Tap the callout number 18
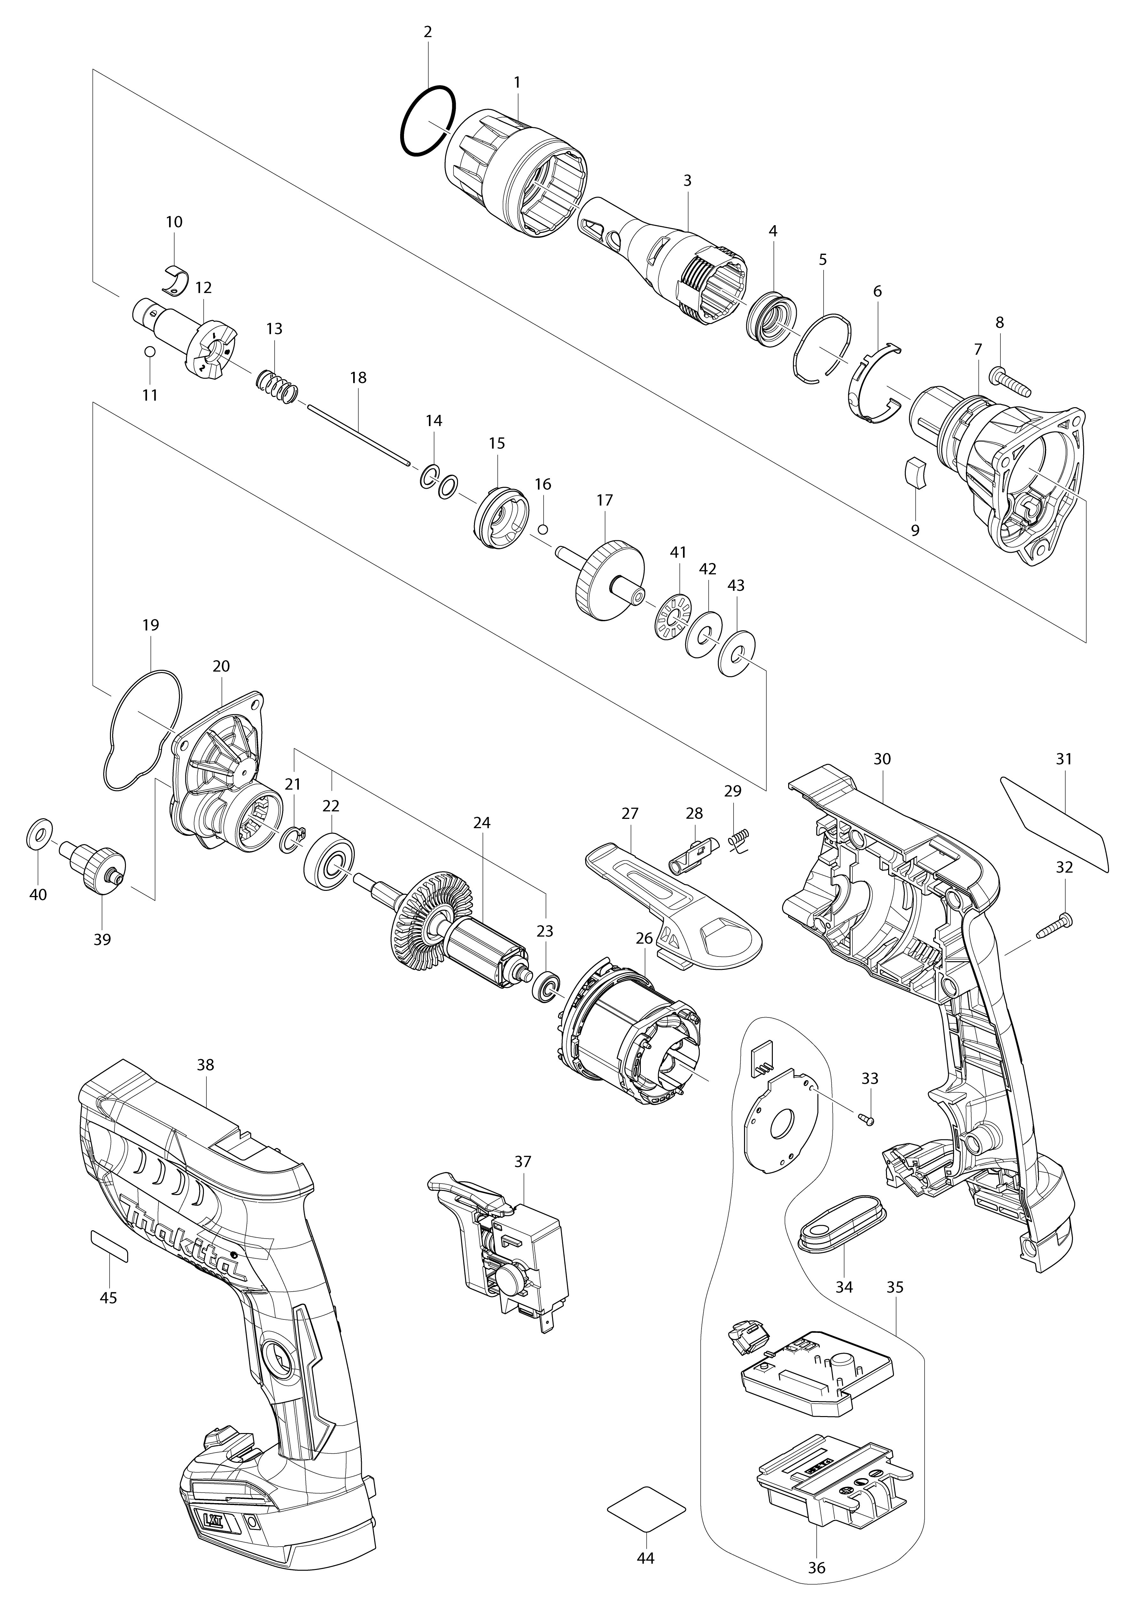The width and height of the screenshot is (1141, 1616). click(x=358, y=378)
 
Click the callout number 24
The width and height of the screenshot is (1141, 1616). click(x=482, y=823)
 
